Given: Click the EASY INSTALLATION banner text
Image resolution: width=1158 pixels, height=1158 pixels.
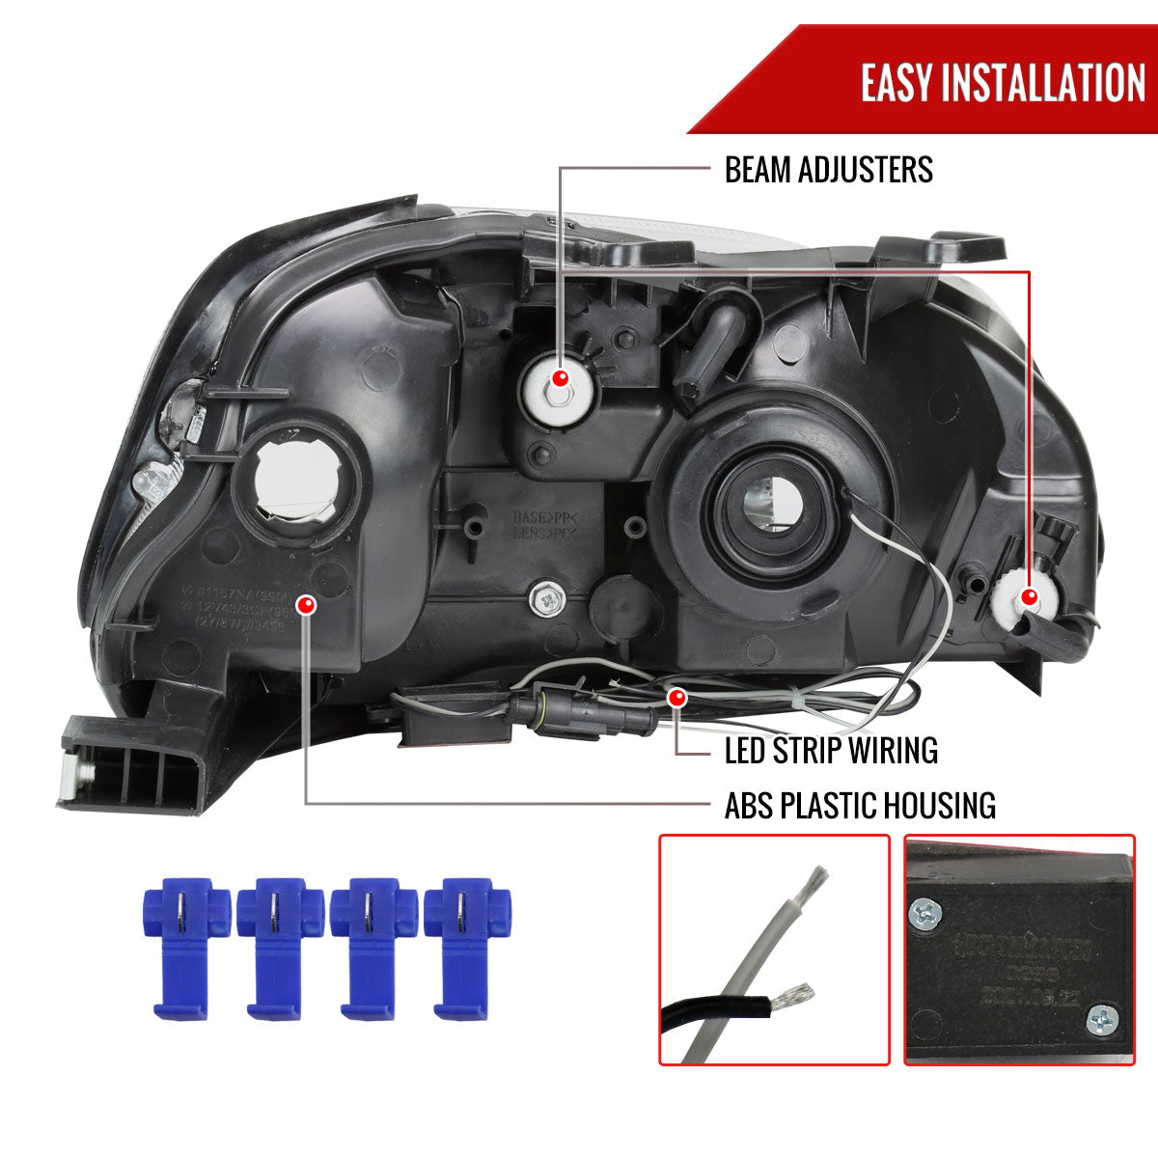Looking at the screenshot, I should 1003,83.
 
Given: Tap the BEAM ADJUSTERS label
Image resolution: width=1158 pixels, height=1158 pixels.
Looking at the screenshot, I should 828,170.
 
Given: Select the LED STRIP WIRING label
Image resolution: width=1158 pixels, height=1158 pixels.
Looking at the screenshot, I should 831,750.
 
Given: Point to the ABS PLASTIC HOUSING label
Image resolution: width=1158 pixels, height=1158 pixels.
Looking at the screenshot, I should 860,804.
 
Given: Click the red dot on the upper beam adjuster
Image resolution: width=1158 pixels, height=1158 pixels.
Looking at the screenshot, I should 560,376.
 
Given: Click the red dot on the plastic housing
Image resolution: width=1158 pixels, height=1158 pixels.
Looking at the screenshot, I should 306,605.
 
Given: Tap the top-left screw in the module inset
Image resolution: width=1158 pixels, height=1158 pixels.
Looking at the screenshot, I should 926,911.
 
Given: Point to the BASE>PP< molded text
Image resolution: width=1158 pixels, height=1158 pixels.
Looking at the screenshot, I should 544,517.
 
